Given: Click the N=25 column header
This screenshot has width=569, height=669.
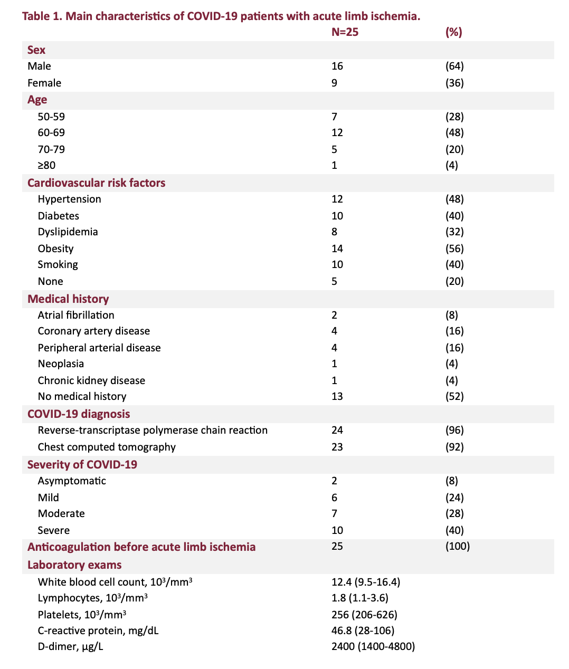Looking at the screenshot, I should coord(345,32).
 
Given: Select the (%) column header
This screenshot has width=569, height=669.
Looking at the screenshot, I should coord(453,32).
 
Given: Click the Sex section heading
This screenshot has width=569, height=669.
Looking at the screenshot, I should coord(36,50).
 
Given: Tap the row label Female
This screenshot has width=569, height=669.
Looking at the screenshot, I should coord(44,83).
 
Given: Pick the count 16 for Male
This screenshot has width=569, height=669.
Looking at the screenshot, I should coord(337,66).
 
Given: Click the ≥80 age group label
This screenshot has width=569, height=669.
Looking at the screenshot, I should coord(46,165).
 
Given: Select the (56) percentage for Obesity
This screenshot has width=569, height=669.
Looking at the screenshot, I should coord(454,249).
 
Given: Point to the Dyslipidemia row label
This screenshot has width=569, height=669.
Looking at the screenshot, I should coord(68,232).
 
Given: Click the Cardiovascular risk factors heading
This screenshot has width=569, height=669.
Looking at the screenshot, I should coord(96,183).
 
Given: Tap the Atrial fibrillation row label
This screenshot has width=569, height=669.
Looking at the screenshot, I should coord(76,315).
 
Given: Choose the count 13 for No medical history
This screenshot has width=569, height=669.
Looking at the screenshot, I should coord(337,396).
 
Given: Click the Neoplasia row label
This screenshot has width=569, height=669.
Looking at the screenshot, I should coord(61,364).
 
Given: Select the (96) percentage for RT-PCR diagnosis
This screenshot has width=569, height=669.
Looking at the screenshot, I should coord(454,430).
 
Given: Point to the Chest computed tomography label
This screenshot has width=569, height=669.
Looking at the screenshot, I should coord(107,447).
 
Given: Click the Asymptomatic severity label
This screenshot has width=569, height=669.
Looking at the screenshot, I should coord(72,481).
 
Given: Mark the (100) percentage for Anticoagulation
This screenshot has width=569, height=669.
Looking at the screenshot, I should coord(457,546).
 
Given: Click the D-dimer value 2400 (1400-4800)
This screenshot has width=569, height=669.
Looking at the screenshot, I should coord(373,646).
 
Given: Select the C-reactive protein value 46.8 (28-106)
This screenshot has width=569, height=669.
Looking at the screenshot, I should coord(363,630).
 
